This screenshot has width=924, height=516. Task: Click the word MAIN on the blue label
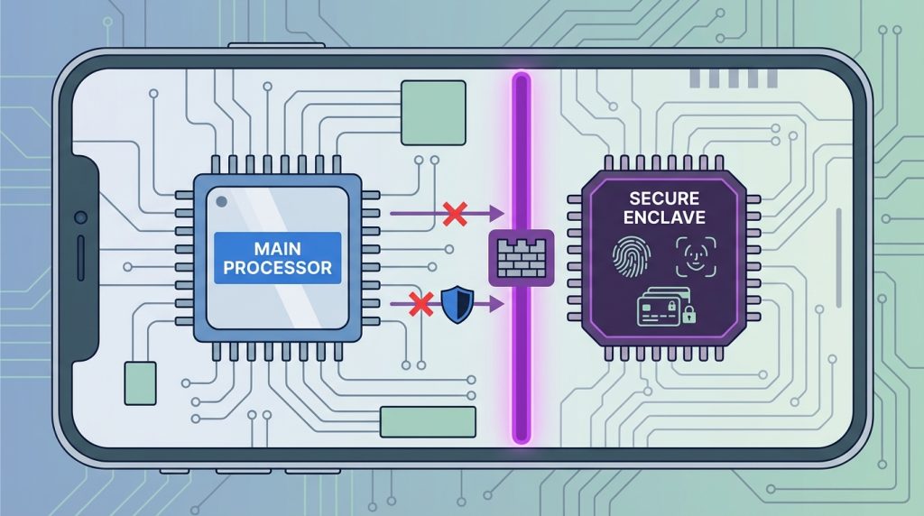pyautogui.click(x=278, y=249)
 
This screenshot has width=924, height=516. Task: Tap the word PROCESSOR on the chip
pyautogui.click(x=278, y=268)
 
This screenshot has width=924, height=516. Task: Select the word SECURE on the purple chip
pyautogui.click(x=664, y=198)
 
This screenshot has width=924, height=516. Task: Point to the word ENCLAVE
pyautogui.click(x=664, y=218)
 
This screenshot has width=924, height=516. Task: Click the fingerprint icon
pyautogui.click(x=631, y=257)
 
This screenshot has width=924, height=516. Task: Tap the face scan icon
pyautogui.click(x=696, y=257)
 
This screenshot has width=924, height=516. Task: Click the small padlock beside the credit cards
pyautogui.click(x=688, y=314)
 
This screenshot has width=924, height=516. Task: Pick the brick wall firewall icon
pyautogui.click(x=521, y=258)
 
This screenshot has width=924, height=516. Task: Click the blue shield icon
pyautogui.click(x=457, y=304)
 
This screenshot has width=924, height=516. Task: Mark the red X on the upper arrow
pyautogui.click(x=455, y=214)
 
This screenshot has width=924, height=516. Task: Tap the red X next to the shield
pyautogui.click(x=421, y=304)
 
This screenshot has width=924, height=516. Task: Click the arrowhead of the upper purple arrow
pyautogui.click(x=497, y=214)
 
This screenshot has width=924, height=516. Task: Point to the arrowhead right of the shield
pyautogui.click(x=497, y=304)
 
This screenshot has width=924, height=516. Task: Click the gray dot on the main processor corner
pyautogui.click(x=222, y=202)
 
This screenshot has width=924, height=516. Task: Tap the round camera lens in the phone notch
pyautogui.click(x=80, y=217)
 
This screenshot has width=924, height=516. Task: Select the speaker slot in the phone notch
pyautogui.click(x=80, y=258)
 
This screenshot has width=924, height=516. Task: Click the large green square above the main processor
pyautogui.click(x=433, y=113)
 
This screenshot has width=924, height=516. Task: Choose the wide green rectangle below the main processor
pyautogui.click(x=428, y=422)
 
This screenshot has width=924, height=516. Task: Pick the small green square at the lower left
pyautogui.click(x=140, y=383)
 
